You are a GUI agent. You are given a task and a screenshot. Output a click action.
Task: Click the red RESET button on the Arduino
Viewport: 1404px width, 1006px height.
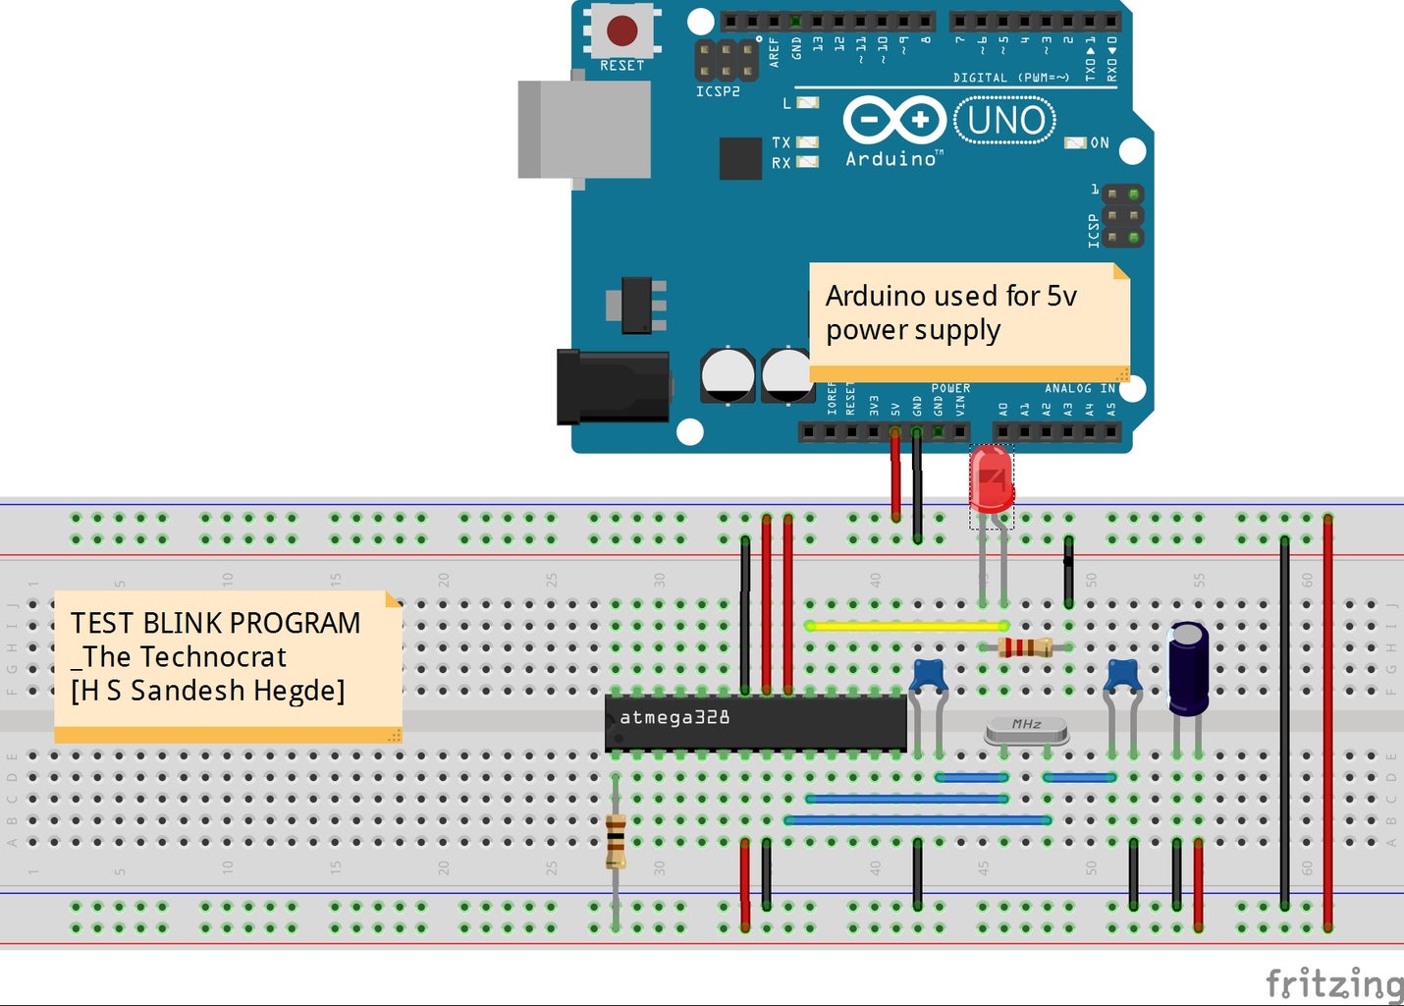(622, 29)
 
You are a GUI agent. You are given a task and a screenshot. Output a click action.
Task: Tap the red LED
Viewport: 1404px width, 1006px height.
(991, 478)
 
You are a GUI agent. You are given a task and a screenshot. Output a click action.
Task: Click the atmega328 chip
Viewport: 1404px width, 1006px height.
(755, 722)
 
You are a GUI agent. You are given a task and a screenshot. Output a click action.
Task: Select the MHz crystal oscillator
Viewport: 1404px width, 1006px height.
(1026, 728)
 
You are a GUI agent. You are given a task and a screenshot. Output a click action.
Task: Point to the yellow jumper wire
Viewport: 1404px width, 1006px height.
(905, 626)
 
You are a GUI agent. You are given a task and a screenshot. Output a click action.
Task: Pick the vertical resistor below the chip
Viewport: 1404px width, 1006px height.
(616, 841)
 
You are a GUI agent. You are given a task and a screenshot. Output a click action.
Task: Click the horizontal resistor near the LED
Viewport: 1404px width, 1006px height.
(1024, 646)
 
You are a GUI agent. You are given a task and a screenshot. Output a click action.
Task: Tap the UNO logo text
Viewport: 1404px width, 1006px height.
(1005, 120)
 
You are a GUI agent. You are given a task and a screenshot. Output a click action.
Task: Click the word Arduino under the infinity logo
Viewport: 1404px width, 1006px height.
(891, 159)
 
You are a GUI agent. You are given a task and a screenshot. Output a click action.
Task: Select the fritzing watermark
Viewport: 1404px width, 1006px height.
(1333, 981)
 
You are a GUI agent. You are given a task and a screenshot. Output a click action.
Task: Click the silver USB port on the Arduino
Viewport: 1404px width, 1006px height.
(584, 130)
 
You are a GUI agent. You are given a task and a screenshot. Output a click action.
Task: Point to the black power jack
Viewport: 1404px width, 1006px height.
(613, 387)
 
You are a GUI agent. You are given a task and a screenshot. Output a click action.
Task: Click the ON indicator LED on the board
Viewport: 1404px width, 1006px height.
(1076, 143)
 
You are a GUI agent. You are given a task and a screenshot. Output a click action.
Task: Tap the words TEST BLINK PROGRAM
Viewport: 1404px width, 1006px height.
(215, 623)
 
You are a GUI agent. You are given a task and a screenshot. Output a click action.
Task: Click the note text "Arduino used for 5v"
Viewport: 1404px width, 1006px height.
(950, 296)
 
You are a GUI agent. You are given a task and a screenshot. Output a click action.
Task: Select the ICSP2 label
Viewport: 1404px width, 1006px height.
(718, 91)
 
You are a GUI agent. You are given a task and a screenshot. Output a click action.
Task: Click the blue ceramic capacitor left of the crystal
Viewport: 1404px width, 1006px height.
(928, 677)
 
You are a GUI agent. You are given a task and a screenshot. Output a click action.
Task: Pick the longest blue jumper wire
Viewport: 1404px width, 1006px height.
(918, 819)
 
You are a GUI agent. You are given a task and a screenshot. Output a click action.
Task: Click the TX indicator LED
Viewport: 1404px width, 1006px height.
(807, 142)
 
